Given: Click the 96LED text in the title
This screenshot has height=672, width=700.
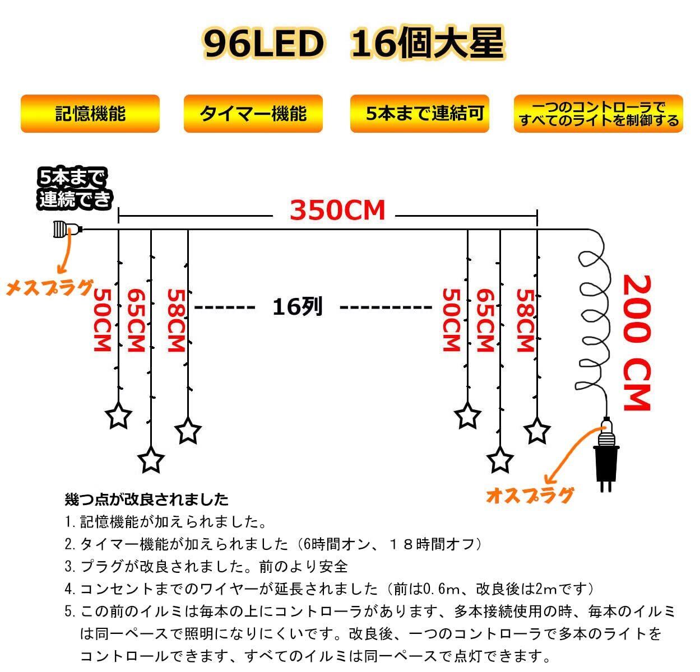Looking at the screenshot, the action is [263, 44].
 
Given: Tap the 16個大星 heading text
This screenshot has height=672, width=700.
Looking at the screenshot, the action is [428, 44].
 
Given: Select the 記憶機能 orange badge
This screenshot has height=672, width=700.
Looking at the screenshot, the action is [90, 114].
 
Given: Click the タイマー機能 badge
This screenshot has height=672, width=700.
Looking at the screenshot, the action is [253, 114].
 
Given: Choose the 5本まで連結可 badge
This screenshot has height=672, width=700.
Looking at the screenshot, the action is [420, 114].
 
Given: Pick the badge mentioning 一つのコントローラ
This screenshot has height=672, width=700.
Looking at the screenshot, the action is [599, 114].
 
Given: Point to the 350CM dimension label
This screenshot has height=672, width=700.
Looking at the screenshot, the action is [337, 211].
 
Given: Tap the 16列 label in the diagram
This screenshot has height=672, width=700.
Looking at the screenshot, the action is [298, 307].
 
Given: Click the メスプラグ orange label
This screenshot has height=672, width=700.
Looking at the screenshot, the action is [49, 288].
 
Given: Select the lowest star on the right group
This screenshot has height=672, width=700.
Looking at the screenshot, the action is [500, 460].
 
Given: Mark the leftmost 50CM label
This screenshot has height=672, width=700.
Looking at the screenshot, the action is [102, 320].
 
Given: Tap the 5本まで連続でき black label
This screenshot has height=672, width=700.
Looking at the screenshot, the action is [75, 189].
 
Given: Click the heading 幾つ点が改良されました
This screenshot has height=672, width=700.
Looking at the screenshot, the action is [147, 499].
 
